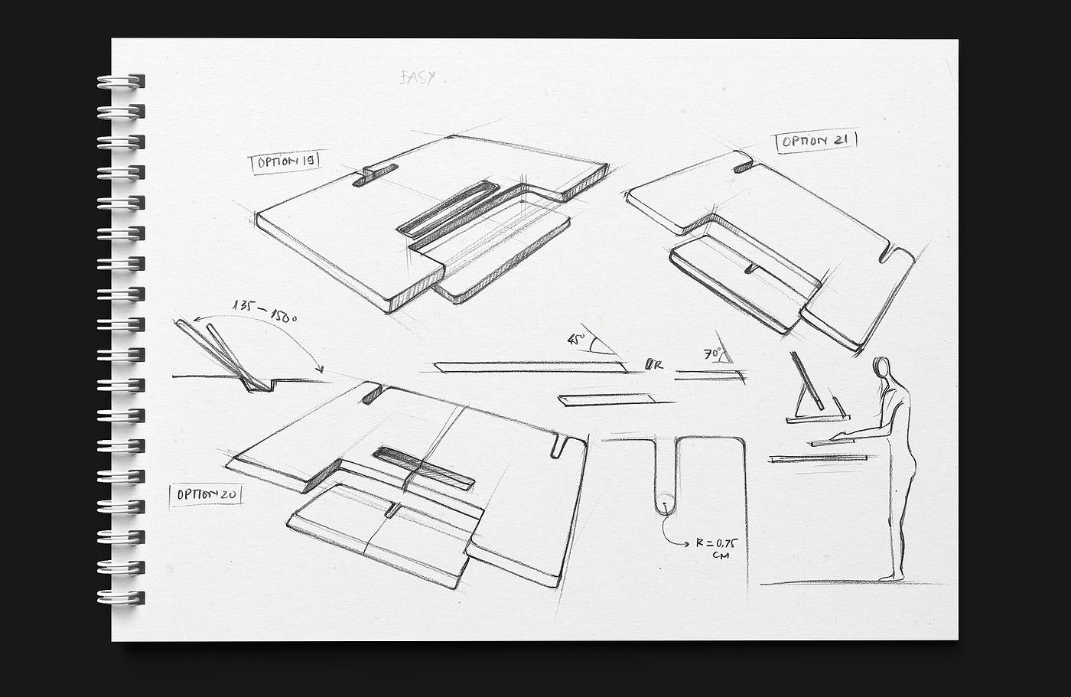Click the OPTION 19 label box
point(285,162)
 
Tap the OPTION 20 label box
point(206,494)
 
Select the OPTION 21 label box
point(816,142)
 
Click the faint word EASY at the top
point(418,77)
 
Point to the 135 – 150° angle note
point(264,311)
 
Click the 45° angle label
point(576,339)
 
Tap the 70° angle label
point(713,354)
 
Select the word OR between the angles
point(654,364)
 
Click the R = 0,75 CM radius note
point(716,549)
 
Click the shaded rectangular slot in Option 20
point(423,467)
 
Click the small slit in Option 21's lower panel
point(751,267)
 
